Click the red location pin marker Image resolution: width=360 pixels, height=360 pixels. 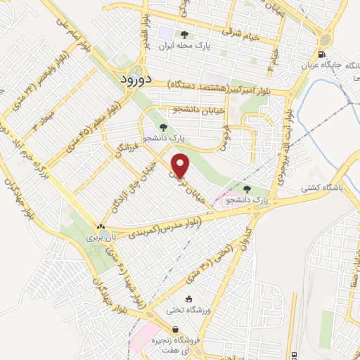[181, 166]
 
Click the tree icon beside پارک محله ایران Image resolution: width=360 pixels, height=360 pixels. [184, 34]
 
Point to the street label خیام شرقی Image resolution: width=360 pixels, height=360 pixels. [241, 32]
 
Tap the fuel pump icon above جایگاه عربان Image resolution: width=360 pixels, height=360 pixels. [321, 55]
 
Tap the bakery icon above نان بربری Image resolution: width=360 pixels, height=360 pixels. [101, 227]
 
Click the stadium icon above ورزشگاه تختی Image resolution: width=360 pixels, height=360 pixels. [188, 298]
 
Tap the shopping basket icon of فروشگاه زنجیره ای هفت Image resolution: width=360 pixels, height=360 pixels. [175, 329]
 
